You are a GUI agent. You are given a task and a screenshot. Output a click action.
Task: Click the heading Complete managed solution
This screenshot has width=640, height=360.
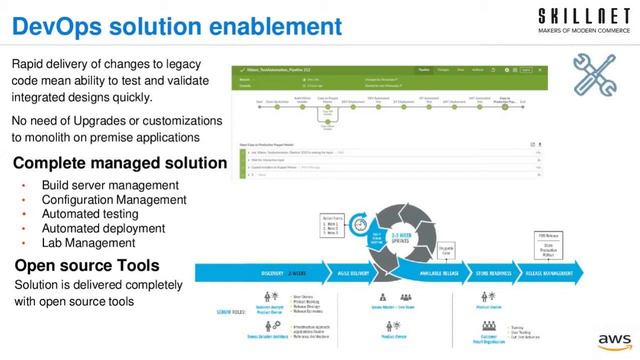coord(120,163)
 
